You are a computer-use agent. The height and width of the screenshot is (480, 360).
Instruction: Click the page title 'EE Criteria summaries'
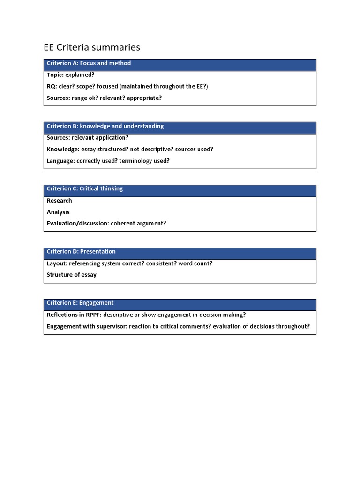92,47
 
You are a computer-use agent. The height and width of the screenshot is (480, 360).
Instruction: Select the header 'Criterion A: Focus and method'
89,63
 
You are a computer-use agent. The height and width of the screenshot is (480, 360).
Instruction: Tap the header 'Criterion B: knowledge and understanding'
105,126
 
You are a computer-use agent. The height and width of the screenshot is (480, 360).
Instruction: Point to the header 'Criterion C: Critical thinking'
84,189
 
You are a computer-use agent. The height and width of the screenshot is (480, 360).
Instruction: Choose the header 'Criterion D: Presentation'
81,252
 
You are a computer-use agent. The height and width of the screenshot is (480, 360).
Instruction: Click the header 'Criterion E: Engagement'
80,303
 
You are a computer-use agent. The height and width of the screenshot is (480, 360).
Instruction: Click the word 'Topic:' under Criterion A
55,75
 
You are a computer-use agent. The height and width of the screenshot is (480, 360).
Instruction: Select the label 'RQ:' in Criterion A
52,86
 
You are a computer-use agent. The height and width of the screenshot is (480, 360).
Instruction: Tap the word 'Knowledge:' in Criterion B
63,149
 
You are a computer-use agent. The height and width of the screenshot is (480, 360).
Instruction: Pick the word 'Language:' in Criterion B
60,161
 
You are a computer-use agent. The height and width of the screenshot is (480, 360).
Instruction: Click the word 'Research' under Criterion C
60,201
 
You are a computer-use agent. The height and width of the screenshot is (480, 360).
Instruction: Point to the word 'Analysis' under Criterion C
58,212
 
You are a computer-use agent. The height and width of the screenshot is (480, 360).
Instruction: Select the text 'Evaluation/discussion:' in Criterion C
78,224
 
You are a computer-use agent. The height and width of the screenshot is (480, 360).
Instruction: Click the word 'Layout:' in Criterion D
57,263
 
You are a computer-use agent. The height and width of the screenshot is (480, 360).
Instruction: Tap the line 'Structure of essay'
72,275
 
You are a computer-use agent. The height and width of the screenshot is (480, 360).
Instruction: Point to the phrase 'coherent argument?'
139,224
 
